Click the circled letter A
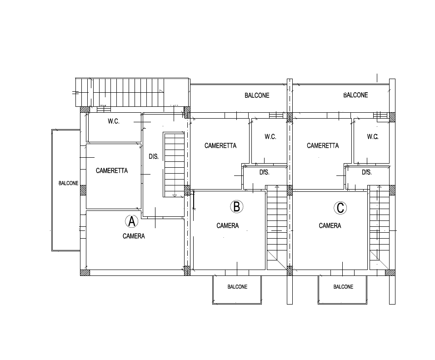(131, 221)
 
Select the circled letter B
(237, 207)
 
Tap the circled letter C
(340, 208)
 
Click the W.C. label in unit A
(114, 121)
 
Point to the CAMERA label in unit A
(134, 236)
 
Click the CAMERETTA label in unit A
(112, 170)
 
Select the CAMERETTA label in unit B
(220, 145)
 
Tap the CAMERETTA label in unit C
(323, 145)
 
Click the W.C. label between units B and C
(270, 137)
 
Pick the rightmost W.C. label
(373, 137)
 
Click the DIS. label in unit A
(154, 157)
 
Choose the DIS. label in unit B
(265, 173)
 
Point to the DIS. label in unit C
(367, 173)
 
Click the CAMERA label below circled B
(228, 226)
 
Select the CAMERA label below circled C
(330, 226)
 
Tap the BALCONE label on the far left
(69, 183)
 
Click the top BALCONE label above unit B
(257, 95)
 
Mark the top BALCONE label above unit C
(355, 95)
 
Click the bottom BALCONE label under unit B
(237, 287)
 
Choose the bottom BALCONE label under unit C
(344, 287)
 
